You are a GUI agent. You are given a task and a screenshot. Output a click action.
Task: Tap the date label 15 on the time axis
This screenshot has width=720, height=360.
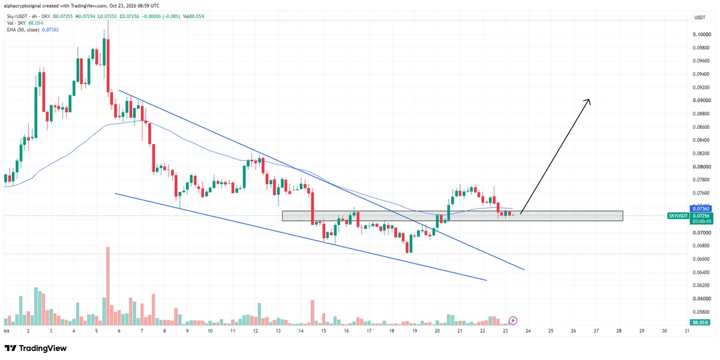323,331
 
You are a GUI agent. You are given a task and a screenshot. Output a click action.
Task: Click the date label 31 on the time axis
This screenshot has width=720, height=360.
687,331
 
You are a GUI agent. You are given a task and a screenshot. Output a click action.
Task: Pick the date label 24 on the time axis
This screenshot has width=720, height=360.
528,331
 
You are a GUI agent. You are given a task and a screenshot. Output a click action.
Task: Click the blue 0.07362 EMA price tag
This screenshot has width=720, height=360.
700,209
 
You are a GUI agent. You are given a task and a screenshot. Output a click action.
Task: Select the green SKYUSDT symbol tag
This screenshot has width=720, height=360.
678,215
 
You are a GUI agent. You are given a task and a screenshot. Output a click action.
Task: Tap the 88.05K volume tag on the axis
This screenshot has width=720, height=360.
701,322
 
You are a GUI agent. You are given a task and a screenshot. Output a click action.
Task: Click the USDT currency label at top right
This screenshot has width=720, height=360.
700,17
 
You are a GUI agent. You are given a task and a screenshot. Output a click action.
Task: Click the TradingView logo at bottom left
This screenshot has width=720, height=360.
35,348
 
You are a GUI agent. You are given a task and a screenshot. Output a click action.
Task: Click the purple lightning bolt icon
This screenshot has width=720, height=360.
513,320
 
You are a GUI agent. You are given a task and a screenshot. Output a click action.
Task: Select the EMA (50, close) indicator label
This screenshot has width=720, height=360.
23,30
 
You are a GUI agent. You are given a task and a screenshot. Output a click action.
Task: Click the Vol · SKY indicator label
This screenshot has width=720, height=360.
16,23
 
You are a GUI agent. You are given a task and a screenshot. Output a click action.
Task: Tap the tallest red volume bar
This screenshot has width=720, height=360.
108,286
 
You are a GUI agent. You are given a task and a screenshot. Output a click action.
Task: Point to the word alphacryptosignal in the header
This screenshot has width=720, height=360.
22,6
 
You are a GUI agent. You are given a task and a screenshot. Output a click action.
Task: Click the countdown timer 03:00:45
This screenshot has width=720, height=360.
701,221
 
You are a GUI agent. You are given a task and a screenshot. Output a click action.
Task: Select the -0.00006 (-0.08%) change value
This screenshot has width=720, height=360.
161,16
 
